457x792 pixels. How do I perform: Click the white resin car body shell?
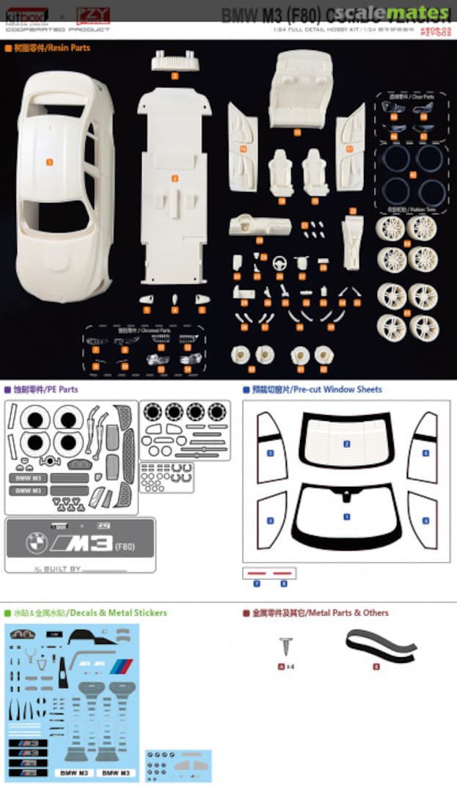coord(62,183)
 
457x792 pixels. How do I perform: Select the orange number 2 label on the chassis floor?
coord(175,178)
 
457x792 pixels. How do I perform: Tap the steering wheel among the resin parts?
coord(279,263)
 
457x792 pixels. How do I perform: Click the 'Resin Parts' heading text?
coord(45,48)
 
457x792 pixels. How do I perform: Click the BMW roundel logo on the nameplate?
coord(36,543)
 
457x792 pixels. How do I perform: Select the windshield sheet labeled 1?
coord(346,516)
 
